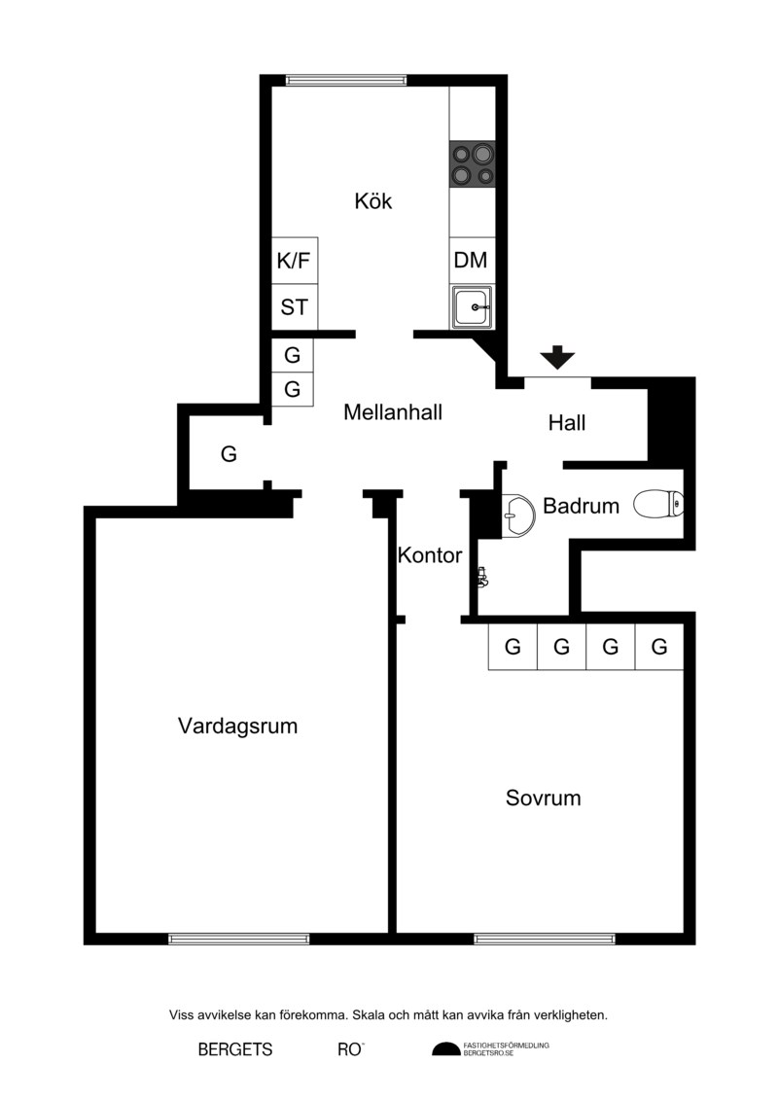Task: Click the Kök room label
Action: pos(372,201)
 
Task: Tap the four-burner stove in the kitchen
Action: pos(472,164)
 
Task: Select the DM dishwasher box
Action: pos(471,261)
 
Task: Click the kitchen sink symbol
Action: pos(472,306)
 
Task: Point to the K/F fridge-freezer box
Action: pos(294,261)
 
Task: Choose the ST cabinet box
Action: pos(294,307)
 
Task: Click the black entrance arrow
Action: pos(557,357)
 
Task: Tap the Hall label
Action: pos(567,423)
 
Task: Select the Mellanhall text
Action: pos(393,411)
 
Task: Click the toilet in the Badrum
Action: pos(658,505)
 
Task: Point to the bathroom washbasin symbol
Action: pos(518,515)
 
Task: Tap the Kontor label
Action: pos(429,555)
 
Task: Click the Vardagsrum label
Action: pos(238,727)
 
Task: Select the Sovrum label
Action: pos(543,798)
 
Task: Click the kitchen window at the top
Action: pos(346,80)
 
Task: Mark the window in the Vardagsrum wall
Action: pos(238,939)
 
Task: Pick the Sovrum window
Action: pos(545,939)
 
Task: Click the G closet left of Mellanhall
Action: pos(229,454)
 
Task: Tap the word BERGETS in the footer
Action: pos(235,1049)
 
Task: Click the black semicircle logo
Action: pos(446,1049)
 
